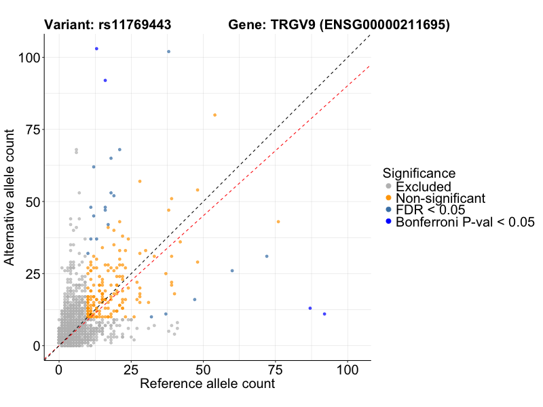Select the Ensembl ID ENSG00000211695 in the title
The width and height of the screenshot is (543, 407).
click(x=386, y=25)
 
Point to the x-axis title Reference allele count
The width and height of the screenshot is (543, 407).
click(x=207, y=384)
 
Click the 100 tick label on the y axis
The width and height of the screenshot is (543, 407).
click(x=28, y=58)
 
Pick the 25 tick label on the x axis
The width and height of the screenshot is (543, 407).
click(x=131, y=371)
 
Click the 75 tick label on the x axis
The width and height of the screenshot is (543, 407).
click(x=276, y=371)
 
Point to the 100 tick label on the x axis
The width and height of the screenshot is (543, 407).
click(x=348, y=371)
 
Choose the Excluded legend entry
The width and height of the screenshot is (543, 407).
click(x=424, y=187)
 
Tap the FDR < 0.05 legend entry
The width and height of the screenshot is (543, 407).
click(x=430, y=210)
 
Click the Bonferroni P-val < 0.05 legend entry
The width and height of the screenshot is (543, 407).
click(x=466, y=222)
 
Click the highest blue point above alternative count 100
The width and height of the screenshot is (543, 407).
click(x=96, y=49)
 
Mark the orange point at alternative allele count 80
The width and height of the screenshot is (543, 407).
click(x=214, y=115)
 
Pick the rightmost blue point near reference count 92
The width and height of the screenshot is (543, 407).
click(x=324, y=314)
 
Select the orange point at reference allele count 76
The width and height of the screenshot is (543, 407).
click(x=278, y=222)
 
